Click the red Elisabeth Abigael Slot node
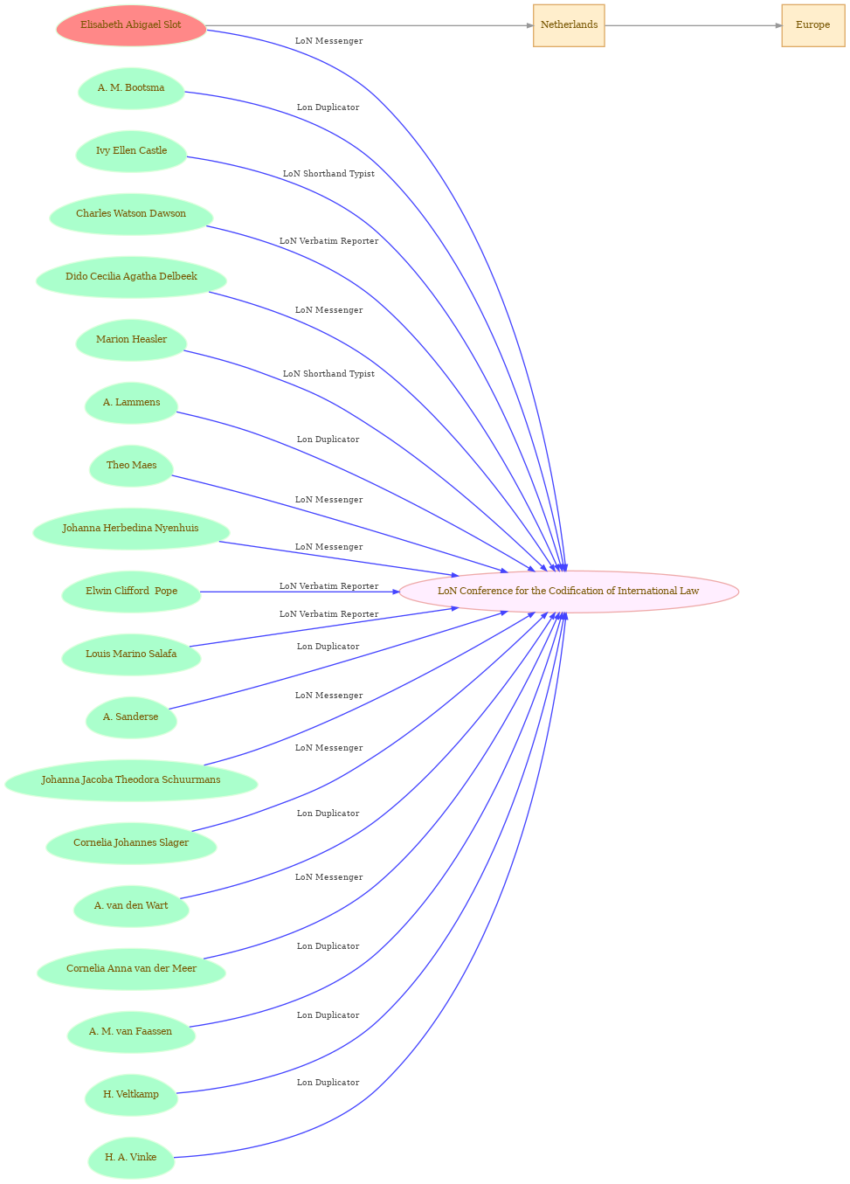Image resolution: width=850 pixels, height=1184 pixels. click(131, 25)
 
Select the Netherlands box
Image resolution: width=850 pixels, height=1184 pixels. click(569, 25)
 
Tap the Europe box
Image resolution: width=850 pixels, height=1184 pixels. click(813, 25)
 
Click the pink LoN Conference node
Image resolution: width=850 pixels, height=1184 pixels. click(569, 592)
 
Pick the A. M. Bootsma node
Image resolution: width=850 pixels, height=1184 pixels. click(131, 88)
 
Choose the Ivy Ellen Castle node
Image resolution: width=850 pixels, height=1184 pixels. click(131, 151)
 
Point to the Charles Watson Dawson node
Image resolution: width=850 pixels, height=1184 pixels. click(131, 214)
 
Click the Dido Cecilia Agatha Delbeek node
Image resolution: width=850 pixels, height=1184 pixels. click(131, 277)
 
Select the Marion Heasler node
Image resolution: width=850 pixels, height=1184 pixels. click(131, 340)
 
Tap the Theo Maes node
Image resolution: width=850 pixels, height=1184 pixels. click(131, 466)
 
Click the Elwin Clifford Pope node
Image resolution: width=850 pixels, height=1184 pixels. click(131, 592)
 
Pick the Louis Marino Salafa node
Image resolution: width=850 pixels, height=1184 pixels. click(131, 654)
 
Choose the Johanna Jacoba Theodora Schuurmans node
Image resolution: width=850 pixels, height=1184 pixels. click(131, 780)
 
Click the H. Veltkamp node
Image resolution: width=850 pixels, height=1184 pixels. click(131, 1095)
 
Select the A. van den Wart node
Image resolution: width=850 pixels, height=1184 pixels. click(131, 906)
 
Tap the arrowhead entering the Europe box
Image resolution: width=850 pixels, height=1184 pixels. click(778, 25)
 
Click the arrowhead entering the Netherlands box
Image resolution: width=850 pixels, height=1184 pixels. click(530, 25)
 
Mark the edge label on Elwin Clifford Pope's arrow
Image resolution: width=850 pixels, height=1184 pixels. click(328, 586)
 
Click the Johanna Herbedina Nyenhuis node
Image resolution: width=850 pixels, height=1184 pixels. click(131, 529)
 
